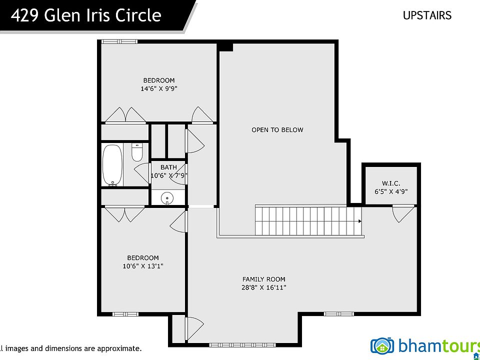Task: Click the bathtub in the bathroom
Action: pyautogui.click(x=112, y=165)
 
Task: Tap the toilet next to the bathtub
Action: pyautogui.click(x=137, y=152)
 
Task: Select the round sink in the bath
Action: pyautogui.click(x=167, y=197)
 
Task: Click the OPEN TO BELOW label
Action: pyautogui.click(x=277, y=130)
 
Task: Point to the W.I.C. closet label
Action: pyautogui.click(x=391, y=183)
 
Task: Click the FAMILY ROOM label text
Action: pyautogui.click(x=263, y=279)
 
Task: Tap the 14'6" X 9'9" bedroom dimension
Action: pyautogui.click(x=159, y=89)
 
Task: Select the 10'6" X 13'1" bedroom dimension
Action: pyautogui.click(x=143, y=266)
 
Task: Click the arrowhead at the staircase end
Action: pyautogui.click(x=359, y=221)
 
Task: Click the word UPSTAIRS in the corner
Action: pyautogui.click(x=427, y=15)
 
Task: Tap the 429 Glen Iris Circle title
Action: pyautogui.click(x=86, y=15)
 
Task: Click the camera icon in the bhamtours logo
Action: pyautogui.click(x=382, y=345)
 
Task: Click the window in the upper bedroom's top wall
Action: pyautogui.click(x=119, y=41)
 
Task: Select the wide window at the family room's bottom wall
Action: pyautogui.click(x=242, y=344)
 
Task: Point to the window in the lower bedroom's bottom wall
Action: pyautogui.click(x=125, y=314)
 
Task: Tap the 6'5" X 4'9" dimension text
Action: pyautogui.click(x=391, y=191)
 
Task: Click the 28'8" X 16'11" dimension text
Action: pyautogui.click(x=263, y=287)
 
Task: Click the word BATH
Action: pyautogui.click(x=168, y=167)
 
